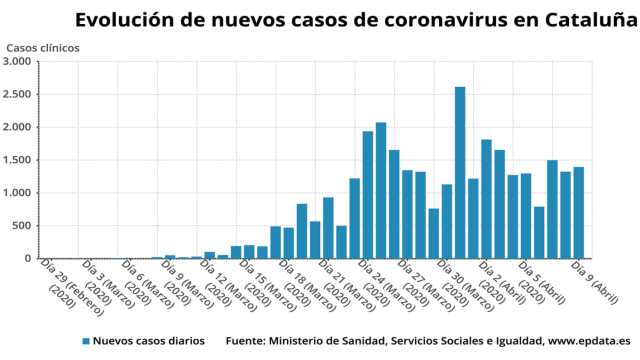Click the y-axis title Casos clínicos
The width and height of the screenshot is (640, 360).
[x=44, y=48]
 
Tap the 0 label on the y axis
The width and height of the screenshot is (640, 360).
[x=28, y=259]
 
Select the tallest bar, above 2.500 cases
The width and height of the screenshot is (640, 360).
[x=460, y=172]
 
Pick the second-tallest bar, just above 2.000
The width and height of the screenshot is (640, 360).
[x=381, y=190]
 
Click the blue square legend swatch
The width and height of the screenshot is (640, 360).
[x=87, y=341]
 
